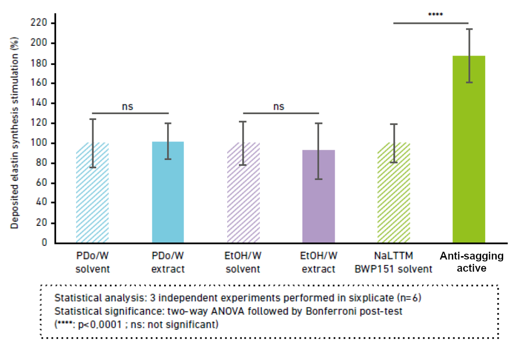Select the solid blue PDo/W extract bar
tap(168, 195)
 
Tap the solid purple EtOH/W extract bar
tap(319, 200)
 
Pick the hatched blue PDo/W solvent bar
tap(92, 195)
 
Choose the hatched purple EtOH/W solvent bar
tap(243, 195)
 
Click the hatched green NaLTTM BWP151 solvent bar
tap(394, 195)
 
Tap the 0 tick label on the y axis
tap(45, 242)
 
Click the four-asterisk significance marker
tap(435, 15)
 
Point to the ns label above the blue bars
tap(128, 106)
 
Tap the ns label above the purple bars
tap(278, 106)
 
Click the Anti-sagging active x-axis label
tap(471, 262)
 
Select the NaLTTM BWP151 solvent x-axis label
tap(394, 262)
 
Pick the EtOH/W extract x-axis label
tap(318, 262)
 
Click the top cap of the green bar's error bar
tap(468, 29)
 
